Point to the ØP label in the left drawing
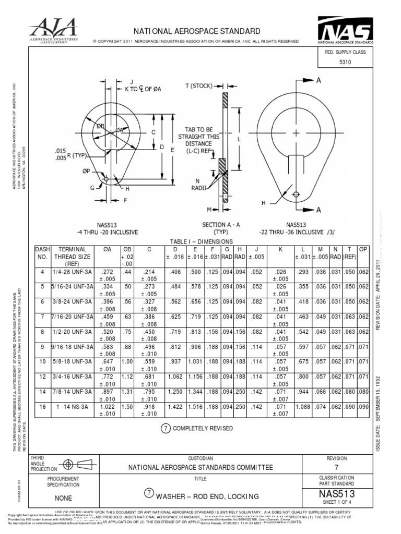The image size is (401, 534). coord(87,171)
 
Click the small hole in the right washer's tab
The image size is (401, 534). coord(296,194)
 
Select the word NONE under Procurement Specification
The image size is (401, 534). coord(63,497)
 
